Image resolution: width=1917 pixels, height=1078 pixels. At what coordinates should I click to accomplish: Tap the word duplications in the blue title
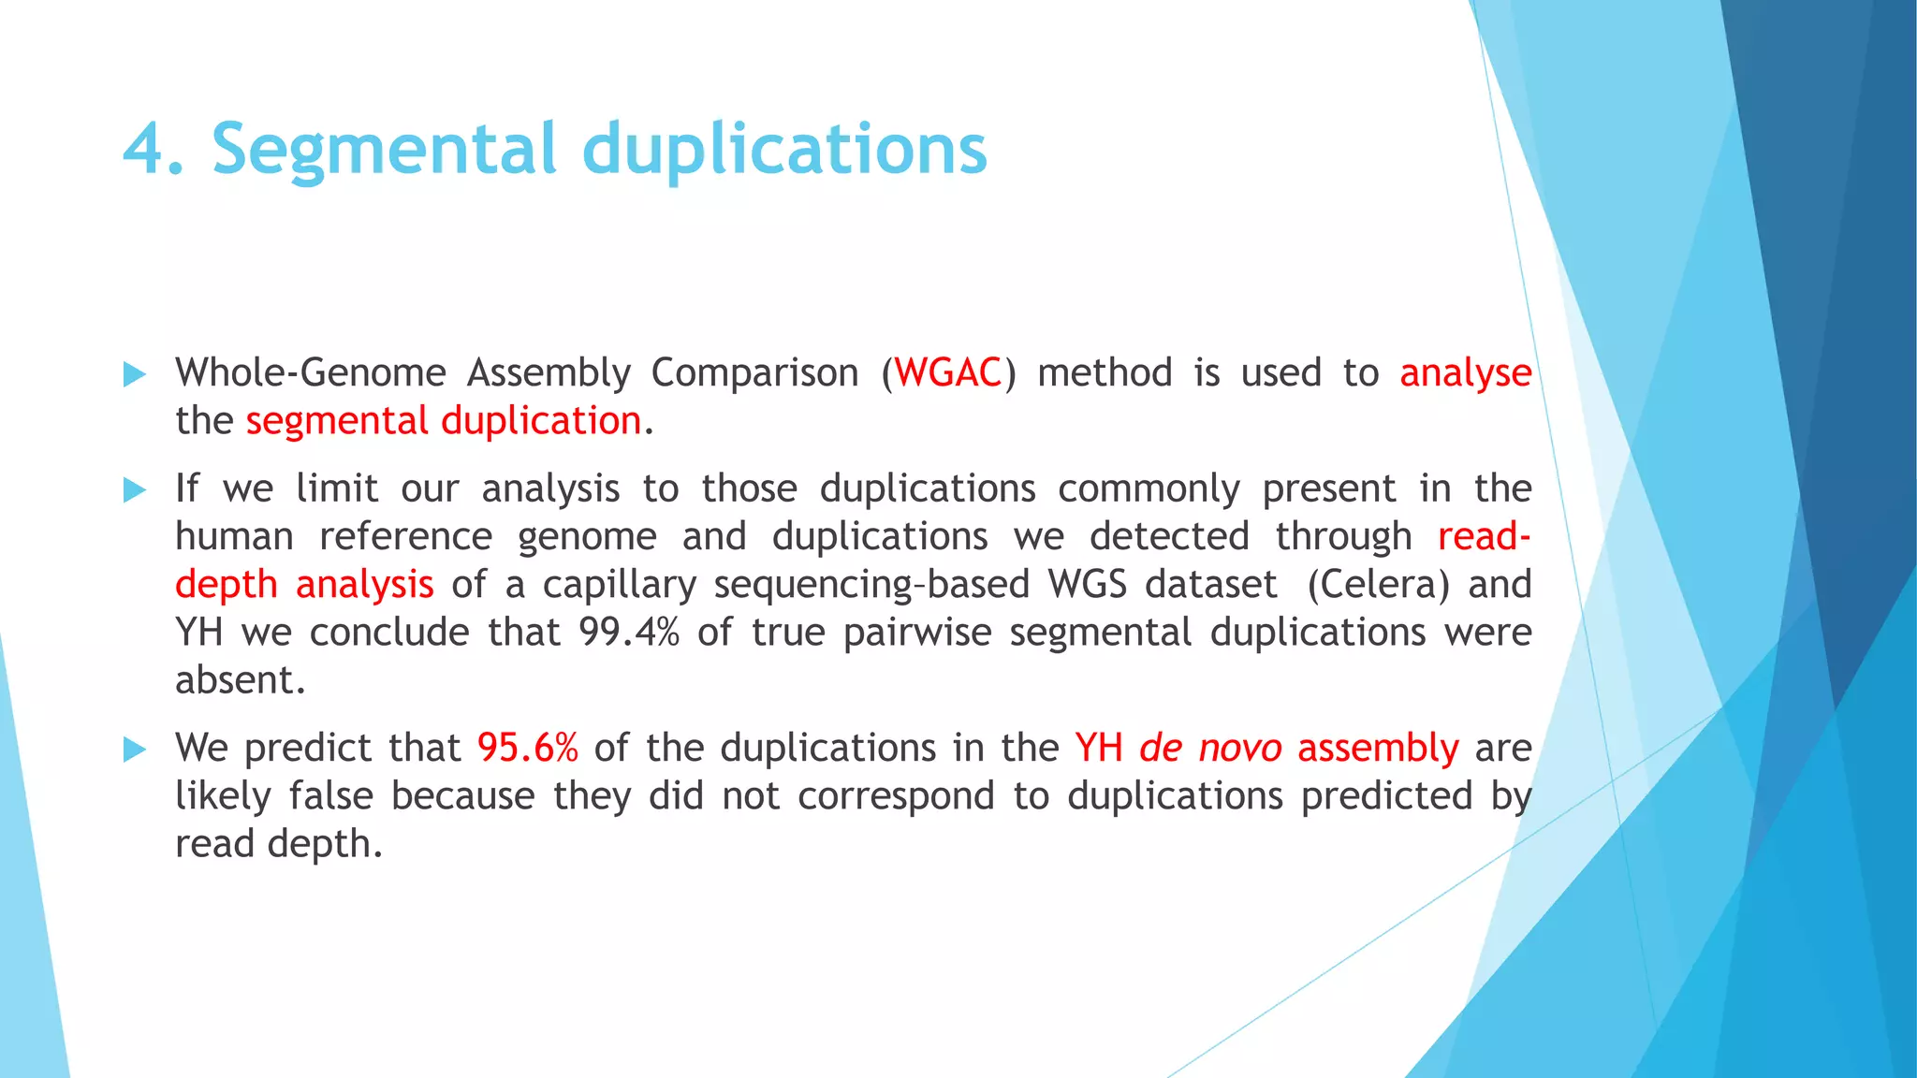coord(784,150)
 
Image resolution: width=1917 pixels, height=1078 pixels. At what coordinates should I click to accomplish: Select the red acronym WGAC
coord(948,372)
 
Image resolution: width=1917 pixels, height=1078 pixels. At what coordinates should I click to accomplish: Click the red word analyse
coord(1465,373)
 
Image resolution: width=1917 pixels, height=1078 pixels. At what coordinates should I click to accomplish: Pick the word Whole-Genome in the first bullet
coord(311,372)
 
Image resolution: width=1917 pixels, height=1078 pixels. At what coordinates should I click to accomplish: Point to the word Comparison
coord(754,372)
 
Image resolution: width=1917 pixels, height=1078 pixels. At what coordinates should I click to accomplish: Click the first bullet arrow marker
coord(135,375)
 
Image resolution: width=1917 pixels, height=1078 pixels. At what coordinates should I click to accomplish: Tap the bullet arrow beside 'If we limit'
coord(135,490)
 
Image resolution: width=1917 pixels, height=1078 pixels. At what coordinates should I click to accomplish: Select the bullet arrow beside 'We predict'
coord(135,750)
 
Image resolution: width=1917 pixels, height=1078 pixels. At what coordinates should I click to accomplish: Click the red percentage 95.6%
coord(528,748)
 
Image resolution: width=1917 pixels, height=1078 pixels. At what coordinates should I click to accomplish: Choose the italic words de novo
coord(1210,748)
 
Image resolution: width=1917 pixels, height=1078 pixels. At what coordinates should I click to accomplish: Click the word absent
coord(239,679)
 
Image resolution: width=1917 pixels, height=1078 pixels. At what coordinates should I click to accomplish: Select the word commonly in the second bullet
coord(1149,488)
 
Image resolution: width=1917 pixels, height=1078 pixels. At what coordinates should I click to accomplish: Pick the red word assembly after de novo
coord(1378,749)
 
